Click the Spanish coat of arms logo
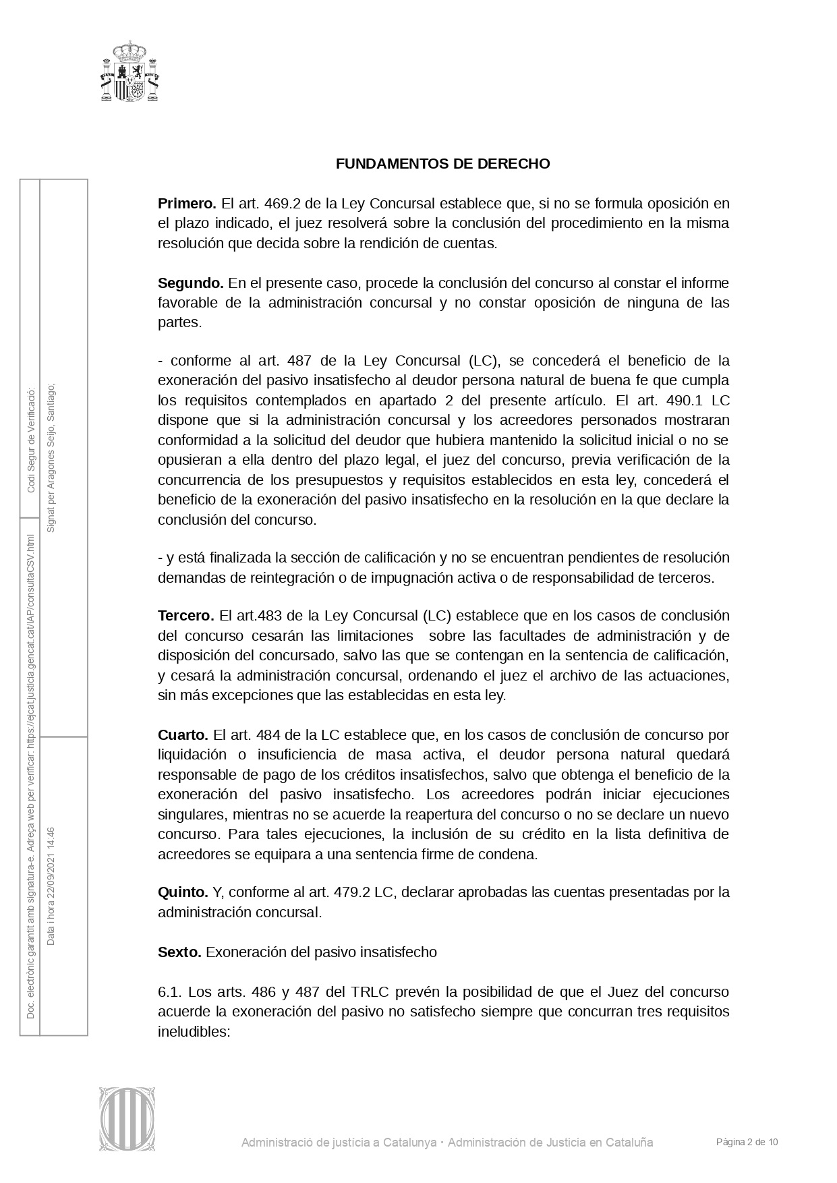pos(129,71)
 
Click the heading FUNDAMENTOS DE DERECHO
pos(442,164)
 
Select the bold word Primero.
pos(187,204)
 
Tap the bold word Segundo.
pos(190,283)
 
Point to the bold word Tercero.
pos(185,616)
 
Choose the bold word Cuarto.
pos(183,734)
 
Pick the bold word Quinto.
pos(183,892)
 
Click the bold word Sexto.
pos(179,952)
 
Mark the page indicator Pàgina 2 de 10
pos(747,1142)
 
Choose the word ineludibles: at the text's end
pos(194,1032)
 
